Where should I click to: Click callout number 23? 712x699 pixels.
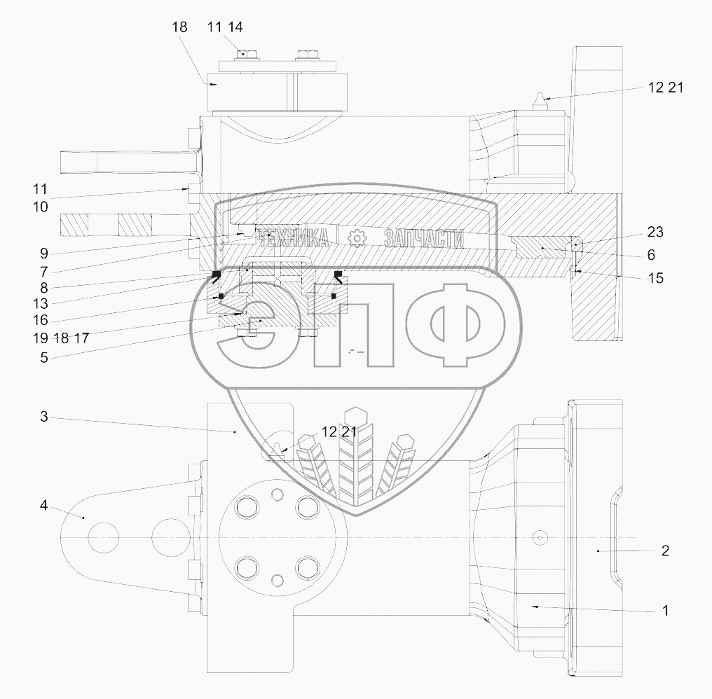[655, 232]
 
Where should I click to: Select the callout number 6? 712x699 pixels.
[651, 255]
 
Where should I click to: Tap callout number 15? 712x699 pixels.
[655, 278]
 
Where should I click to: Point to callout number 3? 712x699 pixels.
[44, 416]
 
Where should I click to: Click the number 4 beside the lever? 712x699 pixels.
[43, 505]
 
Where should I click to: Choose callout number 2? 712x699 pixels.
[665, 551]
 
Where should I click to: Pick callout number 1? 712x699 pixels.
[666, 611]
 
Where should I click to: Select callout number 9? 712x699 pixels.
[44, 254]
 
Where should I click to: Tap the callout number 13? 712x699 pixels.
[41, 303]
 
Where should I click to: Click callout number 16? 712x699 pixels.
[41, 320]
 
